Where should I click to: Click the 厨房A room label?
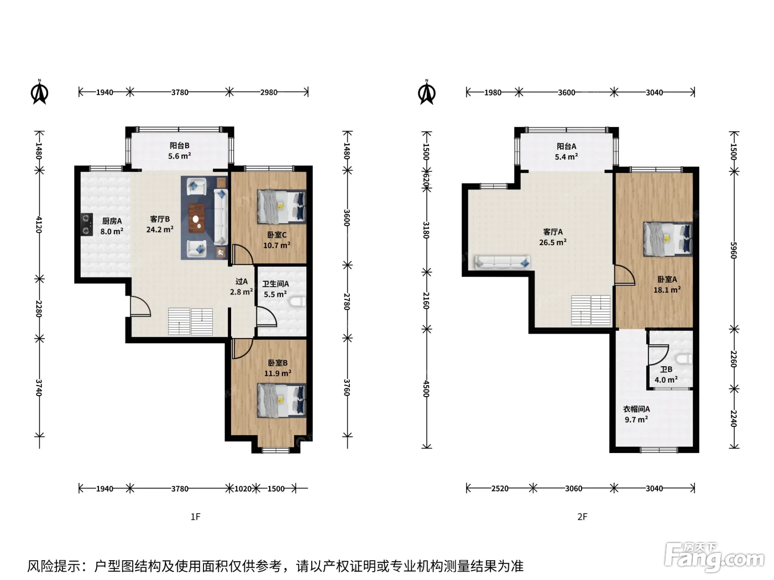[x=112, y=221]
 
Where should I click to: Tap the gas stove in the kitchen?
[x=87, y=224]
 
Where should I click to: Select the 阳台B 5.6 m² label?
[x=180, y=151]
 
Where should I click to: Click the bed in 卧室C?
[x=281, y=207]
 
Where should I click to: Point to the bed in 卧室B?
[x=281, y=400]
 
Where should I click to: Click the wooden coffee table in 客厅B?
[x=197, y=218]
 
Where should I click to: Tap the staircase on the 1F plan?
[x=190, y=321]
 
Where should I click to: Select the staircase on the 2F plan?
[x=591, y=310]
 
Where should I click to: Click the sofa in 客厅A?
[x=503, y=262]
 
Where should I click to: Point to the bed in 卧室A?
[x=668, y=239]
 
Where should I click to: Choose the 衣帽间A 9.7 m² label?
[x=636, y=414]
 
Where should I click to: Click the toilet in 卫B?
[x=684, y=359]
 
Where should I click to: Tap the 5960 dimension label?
[x=734, y=250]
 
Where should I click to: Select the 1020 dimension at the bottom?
[x=243, y=489]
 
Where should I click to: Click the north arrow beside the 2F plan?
[x=427, y=92]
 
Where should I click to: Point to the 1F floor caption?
[x=196, y=516]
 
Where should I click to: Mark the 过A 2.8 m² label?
[x=242, y=287]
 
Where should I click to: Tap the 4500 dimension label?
[x=426, y=389]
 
